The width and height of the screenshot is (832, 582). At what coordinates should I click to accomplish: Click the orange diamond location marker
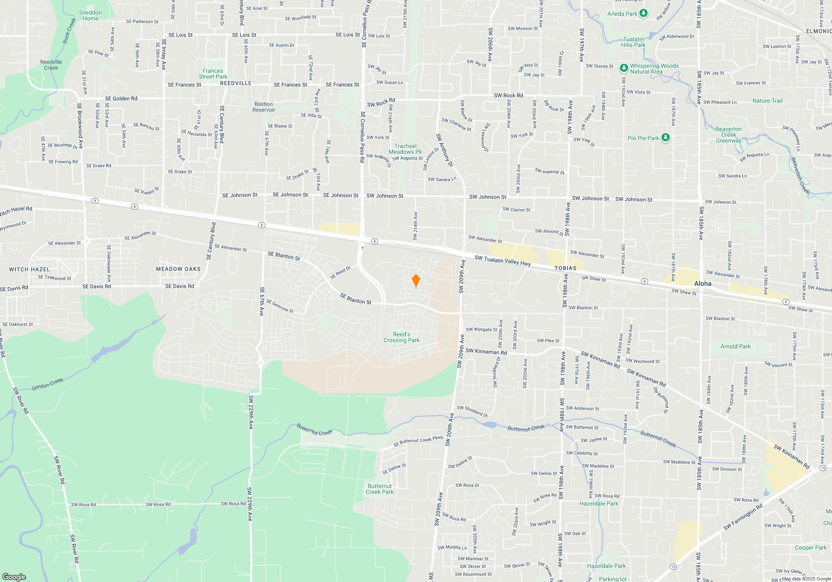[x=416, y=281]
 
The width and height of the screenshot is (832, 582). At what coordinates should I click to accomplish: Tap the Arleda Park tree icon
[x=644, y=14]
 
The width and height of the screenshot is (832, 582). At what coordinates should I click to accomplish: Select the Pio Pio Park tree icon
[x=666, y=138]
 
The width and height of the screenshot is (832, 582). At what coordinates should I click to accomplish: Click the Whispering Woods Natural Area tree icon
[x=624, y=68]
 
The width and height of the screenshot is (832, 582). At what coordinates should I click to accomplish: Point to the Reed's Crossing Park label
[x=401, y=337]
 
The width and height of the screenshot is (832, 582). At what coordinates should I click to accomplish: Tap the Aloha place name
[x=703, y=284]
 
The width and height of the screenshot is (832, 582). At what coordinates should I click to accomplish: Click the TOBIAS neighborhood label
[x=565, y=268]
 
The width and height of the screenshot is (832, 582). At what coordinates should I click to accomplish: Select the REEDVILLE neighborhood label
[x=236, y=83]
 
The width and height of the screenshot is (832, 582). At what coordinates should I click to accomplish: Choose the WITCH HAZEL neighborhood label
[x=30, y=269]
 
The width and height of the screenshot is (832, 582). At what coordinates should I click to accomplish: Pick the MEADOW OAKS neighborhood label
[x=178, y=269]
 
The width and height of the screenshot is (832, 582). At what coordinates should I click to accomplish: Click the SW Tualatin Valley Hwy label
[x=503, y=260]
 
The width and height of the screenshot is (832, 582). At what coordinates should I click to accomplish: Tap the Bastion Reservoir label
[x=264, y=107]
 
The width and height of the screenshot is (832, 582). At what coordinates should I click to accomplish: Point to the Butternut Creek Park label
[x=379, y=489]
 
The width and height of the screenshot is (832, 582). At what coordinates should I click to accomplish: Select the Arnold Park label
[x=735, y=346]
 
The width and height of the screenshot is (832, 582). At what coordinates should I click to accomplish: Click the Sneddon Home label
[x=90, y=15]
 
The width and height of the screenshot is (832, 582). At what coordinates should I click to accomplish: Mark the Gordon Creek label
[x=47, y=384]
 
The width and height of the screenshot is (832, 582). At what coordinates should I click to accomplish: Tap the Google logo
[x=14, y=577]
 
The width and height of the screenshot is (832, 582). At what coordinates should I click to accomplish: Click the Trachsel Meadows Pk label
[x=405, y=149]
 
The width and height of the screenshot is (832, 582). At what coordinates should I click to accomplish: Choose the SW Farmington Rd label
[x=743, y=517]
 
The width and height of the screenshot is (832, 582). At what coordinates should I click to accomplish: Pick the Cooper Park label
[x=811, y=547]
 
